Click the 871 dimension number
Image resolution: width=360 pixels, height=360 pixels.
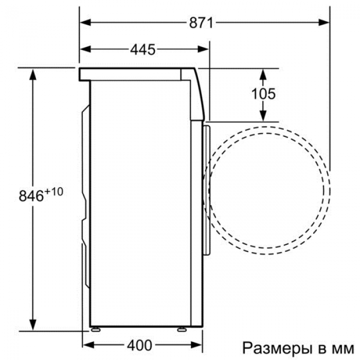[x=201, y=23]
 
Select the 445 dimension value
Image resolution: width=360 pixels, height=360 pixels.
[x=143, y=49]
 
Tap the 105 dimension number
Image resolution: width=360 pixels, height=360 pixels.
[x=263, y=94]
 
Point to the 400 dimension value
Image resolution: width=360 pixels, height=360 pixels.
[x=139, y=345]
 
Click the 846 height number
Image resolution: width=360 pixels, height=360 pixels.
[x=31, y=196]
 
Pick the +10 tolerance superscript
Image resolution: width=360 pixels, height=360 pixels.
[x=53, y=191]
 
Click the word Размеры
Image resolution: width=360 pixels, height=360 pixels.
[x=275, y=349]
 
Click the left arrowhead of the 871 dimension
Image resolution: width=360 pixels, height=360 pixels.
[x=85, y=23]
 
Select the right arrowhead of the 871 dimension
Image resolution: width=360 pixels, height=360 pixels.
[x=324, y=23]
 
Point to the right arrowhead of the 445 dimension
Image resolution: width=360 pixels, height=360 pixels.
[x=203, y=49]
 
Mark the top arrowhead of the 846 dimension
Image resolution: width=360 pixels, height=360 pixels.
[x=33, y=74]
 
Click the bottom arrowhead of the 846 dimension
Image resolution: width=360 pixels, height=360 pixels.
[x=33, y=325]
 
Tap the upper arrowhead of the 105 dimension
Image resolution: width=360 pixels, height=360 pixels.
[x=263, y=74]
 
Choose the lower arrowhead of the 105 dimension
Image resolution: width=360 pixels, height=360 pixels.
[x=263, y=116]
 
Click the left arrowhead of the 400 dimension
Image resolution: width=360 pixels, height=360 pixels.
[x=88, y=345]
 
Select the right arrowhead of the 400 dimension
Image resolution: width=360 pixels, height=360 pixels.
[x=196, y=345]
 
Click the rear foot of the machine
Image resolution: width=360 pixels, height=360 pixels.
[x=96, y=330]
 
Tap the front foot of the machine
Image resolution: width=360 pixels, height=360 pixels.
[x=182, y=330]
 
